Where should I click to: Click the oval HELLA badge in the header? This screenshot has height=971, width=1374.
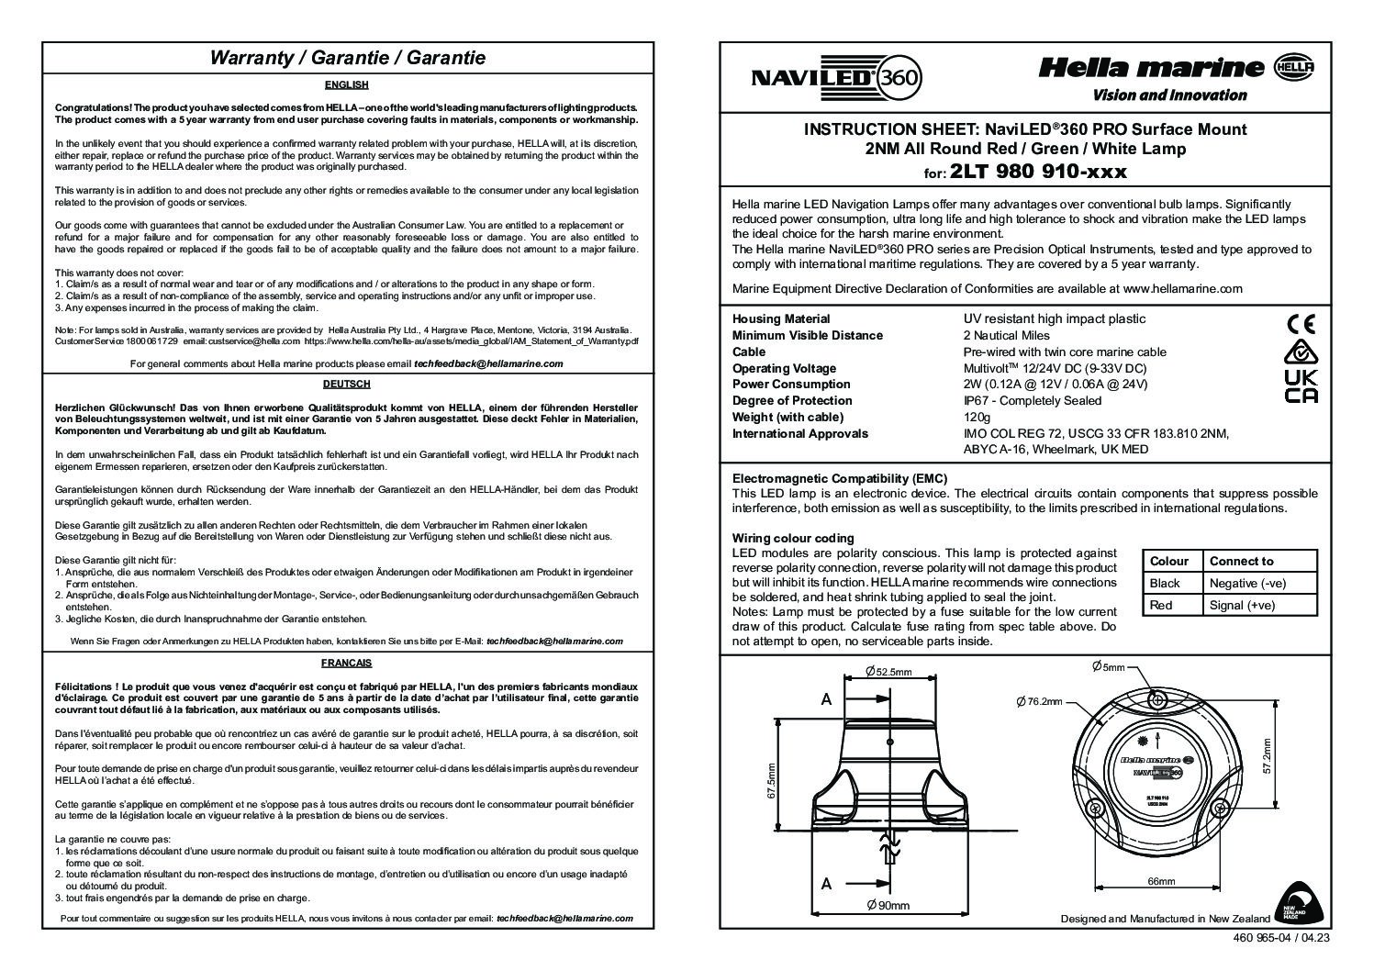pos(1295,66)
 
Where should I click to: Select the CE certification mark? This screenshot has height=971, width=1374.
pos(1301,324)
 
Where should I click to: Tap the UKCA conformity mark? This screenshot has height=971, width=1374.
pos(1301,385)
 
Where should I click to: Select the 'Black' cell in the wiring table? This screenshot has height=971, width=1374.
pos(1165,583)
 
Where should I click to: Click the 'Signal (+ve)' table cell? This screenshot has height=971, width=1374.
pos(1242,605)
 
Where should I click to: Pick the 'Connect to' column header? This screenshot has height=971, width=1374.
pos(1241,561)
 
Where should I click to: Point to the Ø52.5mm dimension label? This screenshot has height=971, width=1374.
pos(888,672)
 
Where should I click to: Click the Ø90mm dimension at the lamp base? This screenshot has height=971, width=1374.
pos(888,906)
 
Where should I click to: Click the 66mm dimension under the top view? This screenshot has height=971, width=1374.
pos(1161,882)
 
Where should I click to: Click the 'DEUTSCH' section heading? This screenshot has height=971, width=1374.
pos(346,384)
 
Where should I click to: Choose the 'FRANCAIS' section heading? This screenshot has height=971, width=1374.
pos(346,662)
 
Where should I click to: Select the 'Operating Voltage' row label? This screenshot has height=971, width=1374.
pos(784,368)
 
